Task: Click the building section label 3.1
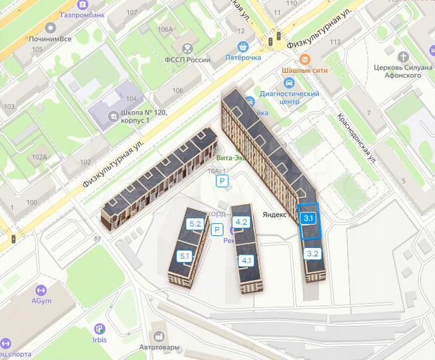point(308,217)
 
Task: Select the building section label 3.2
point(313,253)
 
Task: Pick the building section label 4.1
point(247,260)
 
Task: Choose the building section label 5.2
point(195,224)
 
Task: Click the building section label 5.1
point(185,256)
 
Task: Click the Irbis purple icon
point(100,328)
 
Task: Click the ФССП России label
point(187,60)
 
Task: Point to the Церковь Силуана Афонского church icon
point(406,58)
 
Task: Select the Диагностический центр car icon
point(288,83)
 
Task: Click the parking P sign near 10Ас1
point(222,181)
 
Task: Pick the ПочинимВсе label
point(51,39)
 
